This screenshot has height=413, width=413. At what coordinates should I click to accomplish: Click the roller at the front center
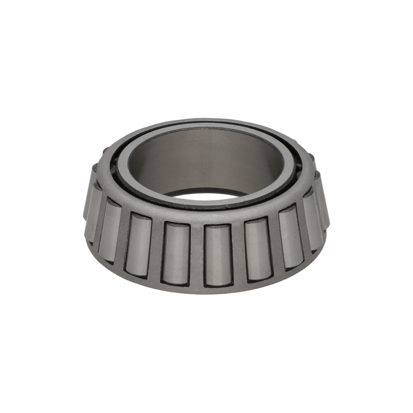tap(218, 255)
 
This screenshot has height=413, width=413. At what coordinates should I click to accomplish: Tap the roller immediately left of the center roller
tap(176, 253)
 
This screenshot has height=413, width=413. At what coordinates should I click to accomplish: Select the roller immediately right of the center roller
tap(258, 249)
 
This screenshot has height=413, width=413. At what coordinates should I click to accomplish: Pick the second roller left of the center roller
tap(138, 244)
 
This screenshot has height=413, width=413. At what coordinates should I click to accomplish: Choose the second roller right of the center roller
tap(292, 238)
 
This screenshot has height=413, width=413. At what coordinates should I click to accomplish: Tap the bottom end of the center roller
tap(218, 283)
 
